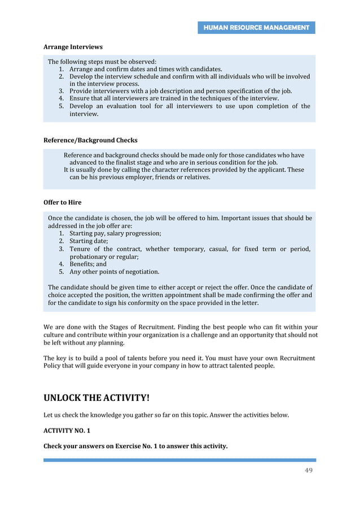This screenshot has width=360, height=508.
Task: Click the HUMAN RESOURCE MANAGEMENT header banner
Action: (256, 28)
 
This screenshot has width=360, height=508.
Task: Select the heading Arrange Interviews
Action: (73, 47)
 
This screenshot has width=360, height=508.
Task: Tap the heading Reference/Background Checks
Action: (90, 140)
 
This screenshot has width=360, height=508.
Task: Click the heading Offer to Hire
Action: (62, 202)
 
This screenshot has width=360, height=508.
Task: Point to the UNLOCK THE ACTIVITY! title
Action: (96, 398)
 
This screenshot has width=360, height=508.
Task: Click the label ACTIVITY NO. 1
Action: (67, 430)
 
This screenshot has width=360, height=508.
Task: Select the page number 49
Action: (308, 471)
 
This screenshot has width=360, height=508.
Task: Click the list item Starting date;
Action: (89, 241)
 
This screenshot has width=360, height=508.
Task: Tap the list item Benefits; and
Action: (87, 263)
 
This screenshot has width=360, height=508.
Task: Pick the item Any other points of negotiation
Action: (114, 271)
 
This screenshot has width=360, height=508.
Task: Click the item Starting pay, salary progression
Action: (115, 233)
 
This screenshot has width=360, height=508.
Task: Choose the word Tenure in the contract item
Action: (81, 249)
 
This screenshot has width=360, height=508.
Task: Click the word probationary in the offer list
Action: (88, 256)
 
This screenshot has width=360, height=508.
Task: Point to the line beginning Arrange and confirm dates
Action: (146, 69)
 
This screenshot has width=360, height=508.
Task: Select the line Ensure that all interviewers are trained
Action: (174, 98)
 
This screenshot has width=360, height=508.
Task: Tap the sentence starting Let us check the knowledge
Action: (166, 415)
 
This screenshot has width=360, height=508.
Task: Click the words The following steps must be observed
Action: (102, 61)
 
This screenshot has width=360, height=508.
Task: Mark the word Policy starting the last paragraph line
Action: (52, 365)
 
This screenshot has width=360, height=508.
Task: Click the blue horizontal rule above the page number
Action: (179, 460)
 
